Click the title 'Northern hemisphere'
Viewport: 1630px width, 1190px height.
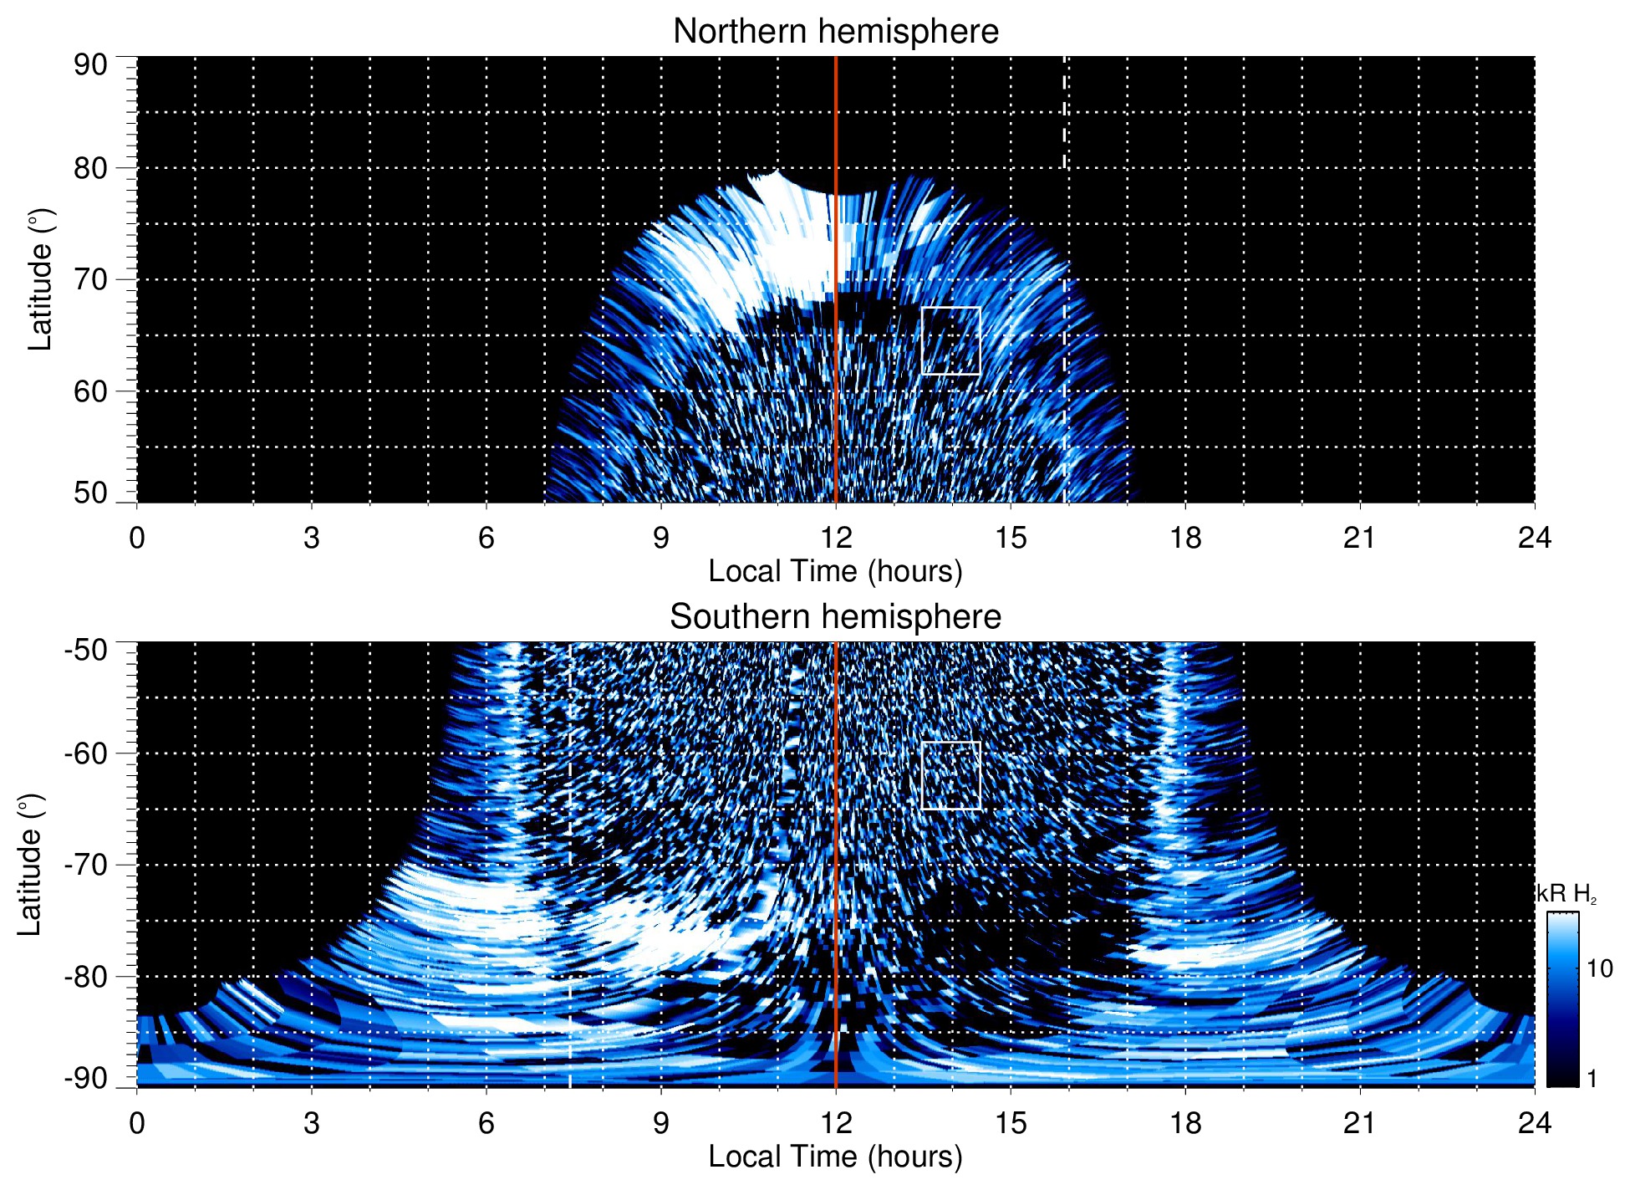tap(835, 32)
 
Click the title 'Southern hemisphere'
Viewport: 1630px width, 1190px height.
tap(835, 617)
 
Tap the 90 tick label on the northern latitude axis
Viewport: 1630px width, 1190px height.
tap(90, 65)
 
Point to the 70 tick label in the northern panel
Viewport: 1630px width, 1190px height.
tap(90, 279)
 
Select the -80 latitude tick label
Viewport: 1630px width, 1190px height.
tap(85, 977)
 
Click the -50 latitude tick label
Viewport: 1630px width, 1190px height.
tap(85, 650)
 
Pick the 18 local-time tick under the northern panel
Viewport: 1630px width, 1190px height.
tap(1184, 538)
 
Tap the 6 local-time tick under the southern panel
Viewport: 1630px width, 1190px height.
tap(486, 1123)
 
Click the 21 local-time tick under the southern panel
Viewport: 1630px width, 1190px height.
tap(1359, 1123)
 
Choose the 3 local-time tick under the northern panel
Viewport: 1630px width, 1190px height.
tap(311, 538)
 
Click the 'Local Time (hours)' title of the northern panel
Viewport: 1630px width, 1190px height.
tap(835, 572)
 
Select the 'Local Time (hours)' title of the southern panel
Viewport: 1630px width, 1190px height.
tap(835, 1157)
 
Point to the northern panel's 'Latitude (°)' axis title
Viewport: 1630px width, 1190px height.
tap(40, 279)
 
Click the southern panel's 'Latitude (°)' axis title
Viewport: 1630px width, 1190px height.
tap(30, 865)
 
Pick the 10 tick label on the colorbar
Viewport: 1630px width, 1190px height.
tap(1599, 969)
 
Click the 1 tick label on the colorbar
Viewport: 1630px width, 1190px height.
tap(1592, 1079)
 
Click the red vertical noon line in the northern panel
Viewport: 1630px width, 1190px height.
tap(836, 125)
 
